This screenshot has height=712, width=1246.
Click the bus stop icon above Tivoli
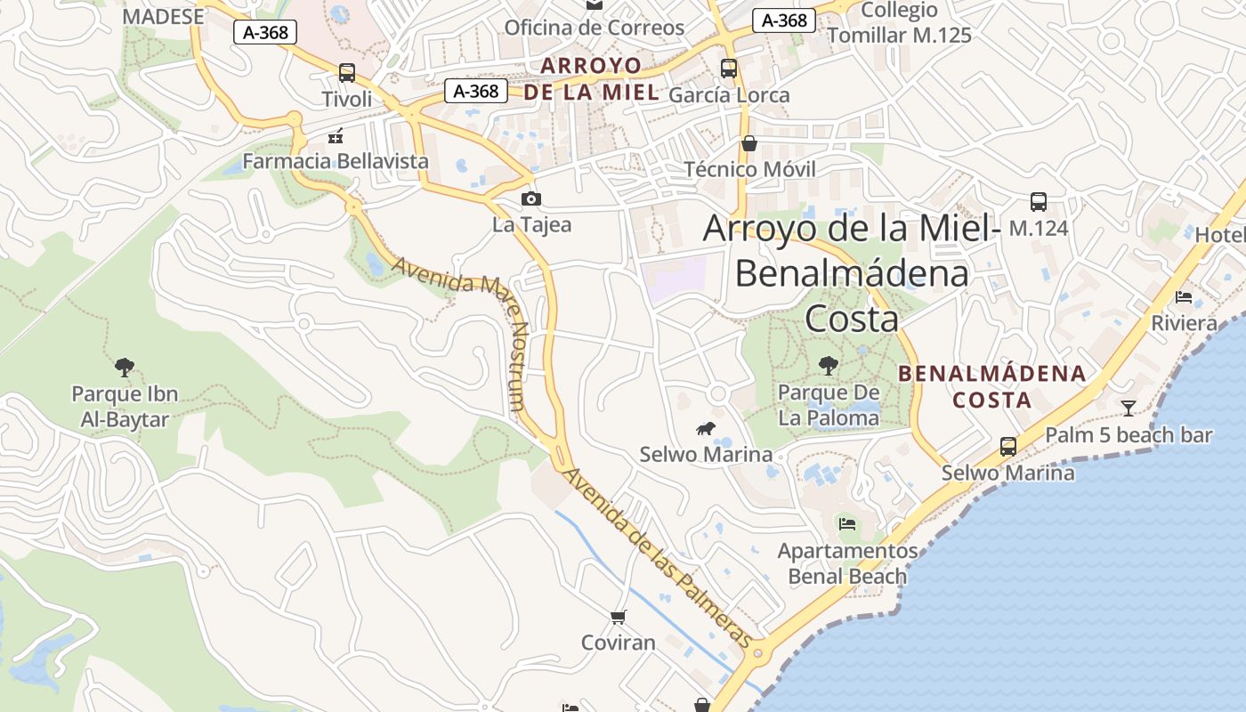pos(347,73)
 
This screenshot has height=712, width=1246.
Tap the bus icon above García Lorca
pos(729,68)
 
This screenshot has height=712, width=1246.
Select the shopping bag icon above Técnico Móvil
pos(749,143)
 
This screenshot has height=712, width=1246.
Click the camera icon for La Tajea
pos(531,198)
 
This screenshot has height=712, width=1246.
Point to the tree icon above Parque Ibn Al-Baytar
pos(125,367)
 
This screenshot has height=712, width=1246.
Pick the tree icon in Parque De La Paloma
pos(829,365)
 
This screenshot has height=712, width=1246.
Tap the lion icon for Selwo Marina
pos(707,429)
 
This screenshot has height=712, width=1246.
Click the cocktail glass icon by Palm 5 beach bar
pos(1129,409)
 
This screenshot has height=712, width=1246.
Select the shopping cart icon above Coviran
pos(619,617)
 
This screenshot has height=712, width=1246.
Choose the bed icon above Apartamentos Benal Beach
pos(847,524)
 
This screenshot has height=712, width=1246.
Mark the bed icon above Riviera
pos(1184,297)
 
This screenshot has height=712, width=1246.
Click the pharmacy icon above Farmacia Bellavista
pos(336,136)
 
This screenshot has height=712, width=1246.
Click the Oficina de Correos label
pos(595,28)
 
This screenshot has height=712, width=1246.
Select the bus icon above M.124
pos(1038,202)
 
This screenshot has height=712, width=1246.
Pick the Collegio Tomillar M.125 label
pos(899,23)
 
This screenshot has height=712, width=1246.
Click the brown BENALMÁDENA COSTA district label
pos(991,386)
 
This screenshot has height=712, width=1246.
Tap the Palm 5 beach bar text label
pos(1129,435)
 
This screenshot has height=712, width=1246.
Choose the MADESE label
pos(163,16)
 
